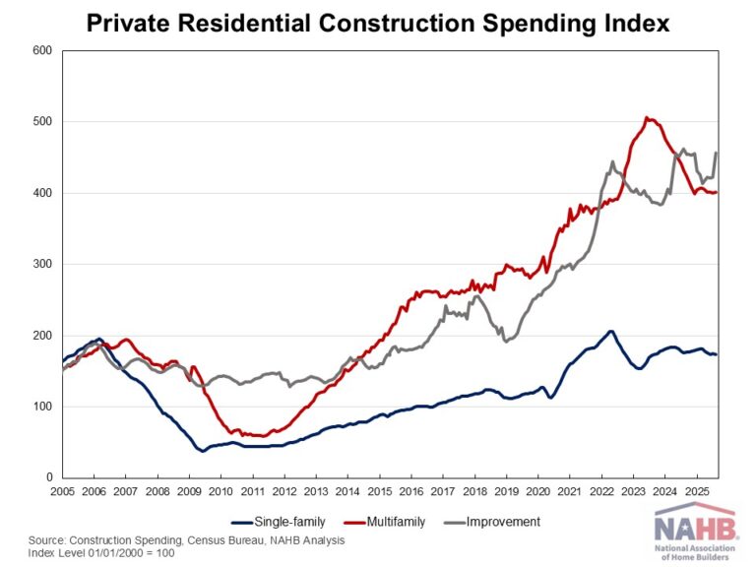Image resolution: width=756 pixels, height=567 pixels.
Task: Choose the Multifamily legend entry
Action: pos(393,521)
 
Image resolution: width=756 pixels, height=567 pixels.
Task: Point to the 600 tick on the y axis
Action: pos(41,50)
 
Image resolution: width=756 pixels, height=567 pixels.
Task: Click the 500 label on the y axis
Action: pos(41,122)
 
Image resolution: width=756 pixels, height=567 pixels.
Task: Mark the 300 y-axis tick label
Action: pos(41,265)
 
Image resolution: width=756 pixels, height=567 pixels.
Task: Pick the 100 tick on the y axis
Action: pos(41,407)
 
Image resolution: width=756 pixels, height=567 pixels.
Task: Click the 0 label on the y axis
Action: pos(47,477)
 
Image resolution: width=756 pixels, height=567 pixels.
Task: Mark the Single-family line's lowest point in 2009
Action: pos(203,451)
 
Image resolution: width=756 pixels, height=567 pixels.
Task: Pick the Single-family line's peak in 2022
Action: pos(610,331)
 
